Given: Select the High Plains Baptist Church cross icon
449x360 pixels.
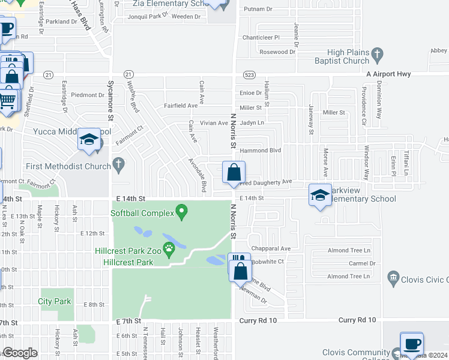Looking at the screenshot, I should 377,55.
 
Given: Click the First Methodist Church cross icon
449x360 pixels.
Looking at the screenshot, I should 119,163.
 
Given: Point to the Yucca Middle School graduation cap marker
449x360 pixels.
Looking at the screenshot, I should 88,140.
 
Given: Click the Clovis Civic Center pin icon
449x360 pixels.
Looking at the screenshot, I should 393,278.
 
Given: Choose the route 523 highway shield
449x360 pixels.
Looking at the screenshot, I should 251,74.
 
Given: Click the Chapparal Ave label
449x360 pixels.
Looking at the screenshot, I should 271,248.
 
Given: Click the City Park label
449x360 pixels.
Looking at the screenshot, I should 55,301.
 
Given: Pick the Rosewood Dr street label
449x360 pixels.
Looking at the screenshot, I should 277,52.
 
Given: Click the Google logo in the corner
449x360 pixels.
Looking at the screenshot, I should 20,353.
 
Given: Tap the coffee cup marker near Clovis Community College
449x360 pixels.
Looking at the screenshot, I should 411,344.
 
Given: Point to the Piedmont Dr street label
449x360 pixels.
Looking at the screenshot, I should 88,95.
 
